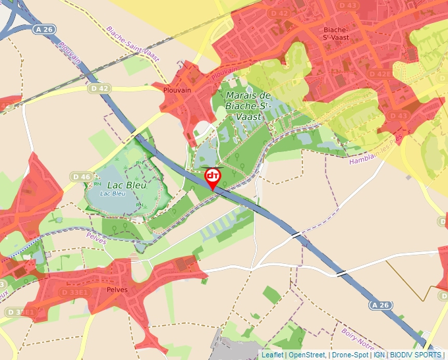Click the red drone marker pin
(x=213, y=177)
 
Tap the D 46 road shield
(x=82, y=176)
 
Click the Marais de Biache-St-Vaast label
(x=248, y=105)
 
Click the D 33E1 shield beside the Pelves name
(x=75, y=292)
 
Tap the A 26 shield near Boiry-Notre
(x=380, y=305)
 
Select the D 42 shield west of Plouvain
(x=99, y=88)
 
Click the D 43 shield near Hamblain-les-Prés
(x=399, y=116)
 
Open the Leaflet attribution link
(x=272, y=355)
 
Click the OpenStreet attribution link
(x=308, y=355)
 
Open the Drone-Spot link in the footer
(x=350, y=355)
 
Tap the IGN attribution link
(x=379, y=355)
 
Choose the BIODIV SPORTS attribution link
(x=416, y=355)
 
